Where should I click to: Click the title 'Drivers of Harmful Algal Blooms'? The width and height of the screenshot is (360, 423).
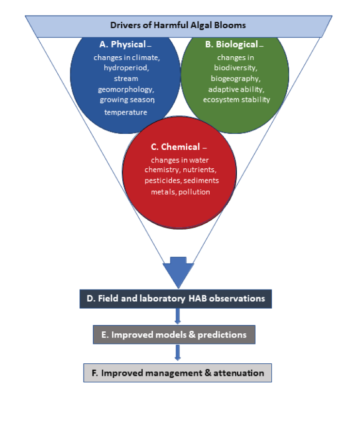coord(178,25)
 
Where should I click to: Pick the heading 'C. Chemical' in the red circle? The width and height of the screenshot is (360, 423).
coord(175,147)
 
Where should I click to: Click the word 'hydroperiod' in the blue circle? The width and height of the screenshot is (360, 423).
coord(126,68)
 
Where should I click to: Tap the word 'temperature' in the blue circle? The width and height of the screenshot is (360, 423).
coord(126,112)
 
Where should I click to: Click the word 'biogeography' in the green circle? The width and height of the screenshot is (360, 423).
coord(235,79)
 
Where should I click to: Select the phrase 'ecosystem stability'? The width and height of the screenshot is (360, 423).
coord(236,100)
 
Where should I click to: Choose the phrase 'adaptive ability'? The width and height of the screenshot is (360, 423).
coord(235,89)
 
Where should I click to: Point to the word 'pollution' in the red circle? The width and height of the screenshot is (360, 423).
coord(194,192)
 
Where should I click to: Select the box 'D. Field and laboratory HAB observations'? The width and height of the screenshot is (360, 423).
coord(176,299)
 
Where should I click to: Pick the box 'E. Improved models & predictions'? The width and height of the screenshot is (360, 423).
coord(174,335)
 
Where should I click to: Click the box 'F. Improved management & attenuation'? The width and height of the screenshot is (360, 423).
coord(177,373)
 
